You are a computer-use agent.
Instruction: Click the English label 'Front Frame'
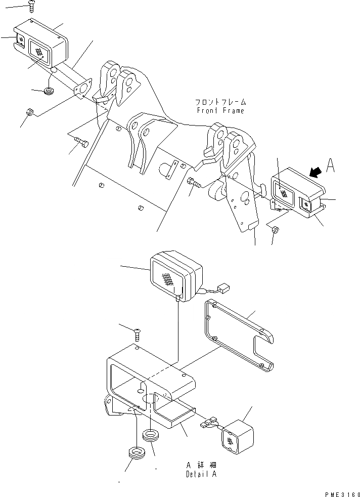220,111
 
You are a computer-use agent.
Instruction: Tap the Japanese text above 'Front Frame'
219,102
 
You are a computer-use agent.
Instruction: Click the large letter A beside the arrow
331,166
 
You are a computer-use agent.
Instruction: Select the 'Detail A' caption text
202,475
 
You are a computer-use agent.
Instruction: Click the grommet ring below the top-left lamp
50,91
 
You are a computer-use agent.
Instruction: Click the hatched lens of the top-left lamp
39,50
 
